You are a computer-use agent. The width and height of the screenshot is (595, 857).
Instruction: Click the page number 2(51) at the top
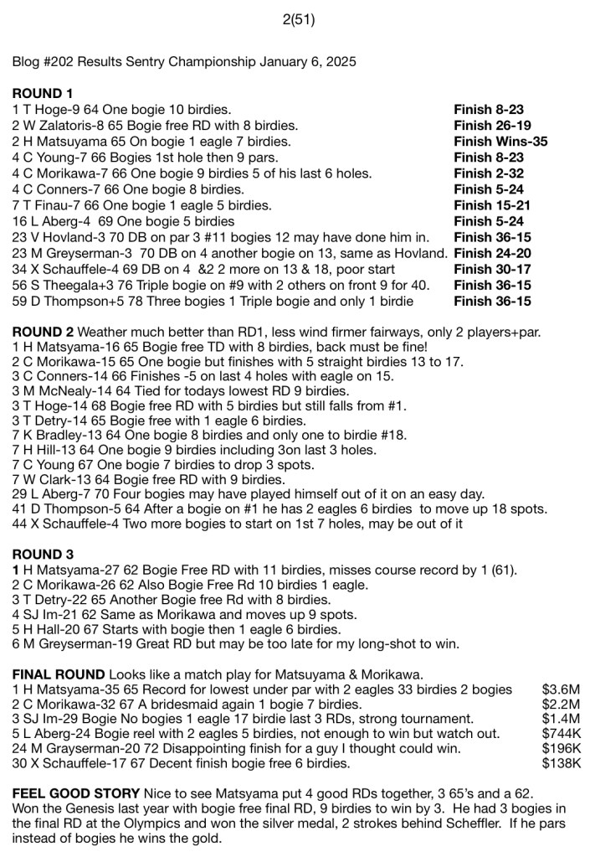[299, 19]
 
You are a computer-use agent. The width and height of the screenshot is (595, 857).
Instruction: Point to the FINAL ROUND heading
[59, 674]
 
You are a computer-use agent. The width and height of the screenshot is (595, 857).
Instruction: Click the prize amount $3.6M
[561, 690]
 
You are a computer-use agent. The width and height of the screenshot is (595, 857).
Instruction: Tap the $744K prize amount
[561, 732]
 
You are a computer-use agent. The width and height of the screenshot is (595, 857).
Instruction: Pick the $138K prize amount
[561, 764]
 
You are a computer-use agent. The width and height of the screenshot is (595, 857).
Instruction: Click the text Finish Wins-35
[500, 142]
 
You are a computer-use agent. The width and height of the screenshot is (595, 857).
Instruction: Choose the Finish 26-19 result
[489, 126]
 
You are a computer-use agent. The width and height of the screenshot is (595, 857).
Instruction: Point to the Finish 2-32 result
[485, 173]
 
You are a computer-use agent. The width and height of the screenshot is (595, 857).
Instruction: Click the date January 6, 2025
[307, 61]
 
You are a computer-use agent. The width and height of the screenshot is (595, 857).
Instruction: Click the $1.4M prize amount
[561, 719]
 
